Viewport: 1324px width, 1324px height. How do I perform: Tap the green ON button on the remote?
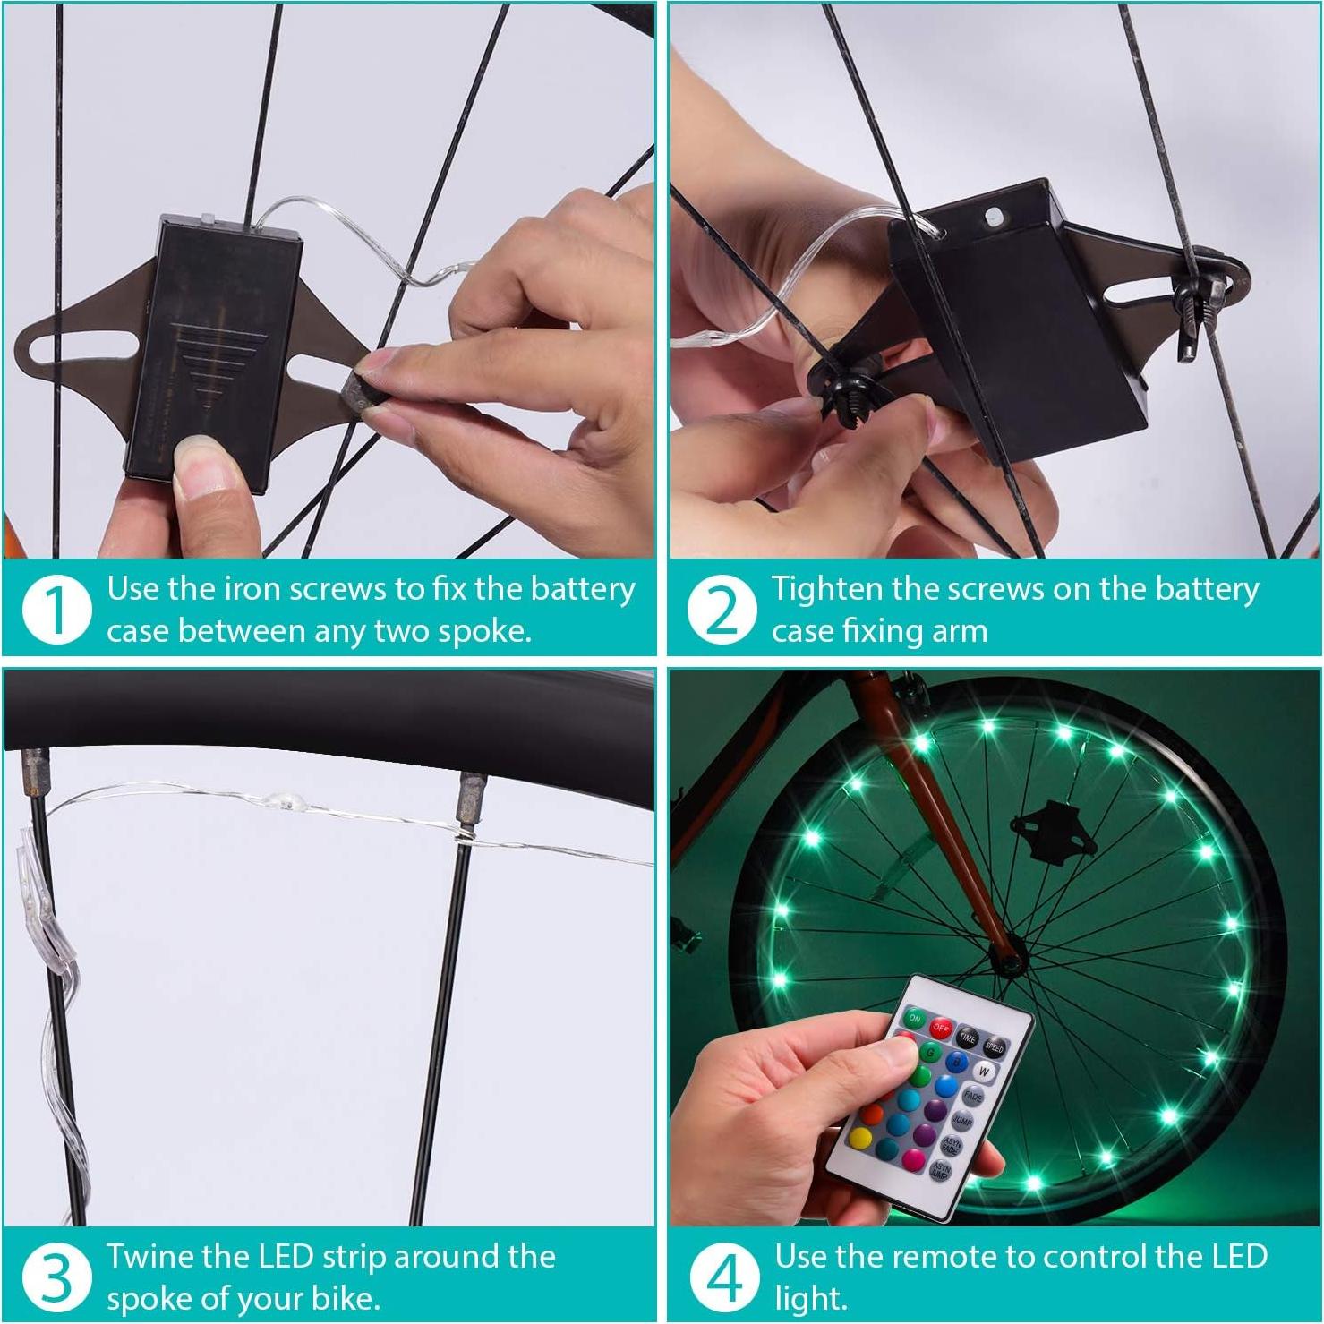[915, 1019]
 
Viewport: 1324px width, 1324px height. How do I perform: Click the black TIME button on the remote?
[968, 1038]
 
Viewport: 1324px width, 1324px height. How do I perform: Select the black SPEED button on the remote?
[995, 1047]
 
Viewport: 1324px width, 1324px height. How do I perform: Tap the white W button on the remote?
[984, 1072]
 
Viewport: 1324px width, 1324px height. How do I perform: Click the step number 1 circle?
[57, 610]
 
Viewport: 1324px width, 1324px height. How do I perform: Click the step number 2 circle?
[721, 610]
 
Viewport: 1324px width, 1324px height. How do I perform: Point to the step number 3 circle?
[57, 1277]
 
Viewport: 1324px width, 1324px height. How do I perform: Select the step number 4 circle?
[721, 1277]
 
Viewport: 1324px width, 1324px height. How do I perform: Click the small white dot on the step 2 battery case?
[992, 216]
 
